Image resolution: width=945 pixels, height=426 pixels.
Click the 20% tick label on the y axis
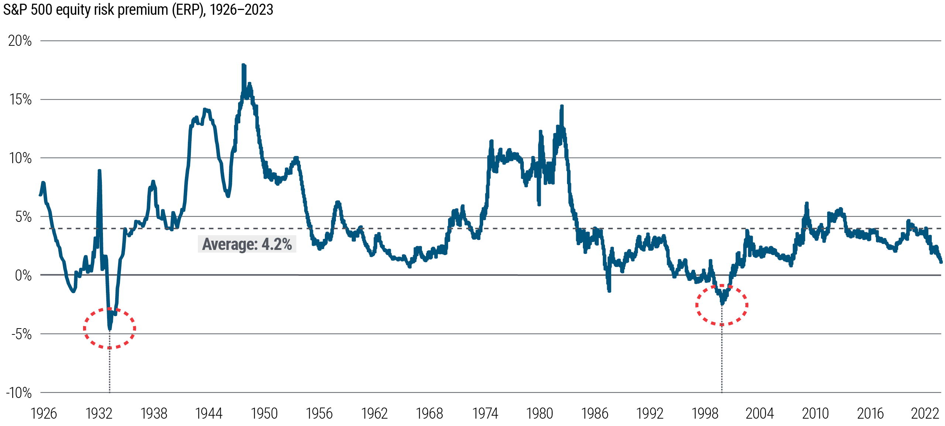point(20,41)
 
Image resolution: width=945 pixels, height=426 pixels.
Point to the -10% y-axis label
point(18,393)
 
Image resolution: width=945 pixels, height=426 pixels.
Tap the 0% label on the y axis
point(23,275)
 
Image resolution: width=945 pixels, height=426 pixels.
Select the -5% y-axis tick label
point(21,334)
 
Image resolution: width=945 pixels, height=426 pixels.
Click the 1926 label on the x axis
point(44,413)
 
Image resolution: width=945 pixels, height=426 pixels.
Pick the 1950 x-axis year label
point(264,413)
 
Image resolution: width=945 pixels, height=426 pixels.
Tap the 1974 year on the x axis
point(485,413)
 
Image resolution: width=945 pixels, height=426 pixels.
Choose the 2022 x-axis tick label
point(925,413)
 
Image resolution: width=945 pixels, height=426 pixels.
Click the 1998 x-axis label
point(705,413)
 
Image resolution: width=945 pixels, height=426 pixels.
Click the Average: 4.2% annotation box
point(247,244)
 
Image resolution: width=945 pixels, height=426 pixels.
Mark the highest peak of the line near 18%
point(243,66)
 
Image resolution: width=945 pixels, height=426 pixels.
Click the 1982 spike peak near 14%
point(561,107)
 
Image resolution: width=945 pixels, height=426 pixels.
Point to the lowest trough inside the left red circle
point(110,328)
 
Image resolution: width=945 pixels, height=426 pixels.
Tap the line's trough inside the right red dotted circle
point(722,303)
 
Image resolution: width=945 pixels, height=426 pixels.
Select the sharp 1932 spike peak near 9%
point(99,171)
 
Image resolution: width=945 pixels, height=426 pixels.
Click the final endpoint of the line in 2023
point(941,262)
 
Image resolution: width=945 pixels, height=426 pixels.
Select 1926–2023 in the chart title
point(241,10)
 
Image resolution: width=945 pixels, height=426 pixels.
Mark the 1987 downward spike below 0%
point(609,291)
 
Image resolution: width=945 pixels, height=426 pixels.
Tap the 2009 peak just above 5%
point(807,204)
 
